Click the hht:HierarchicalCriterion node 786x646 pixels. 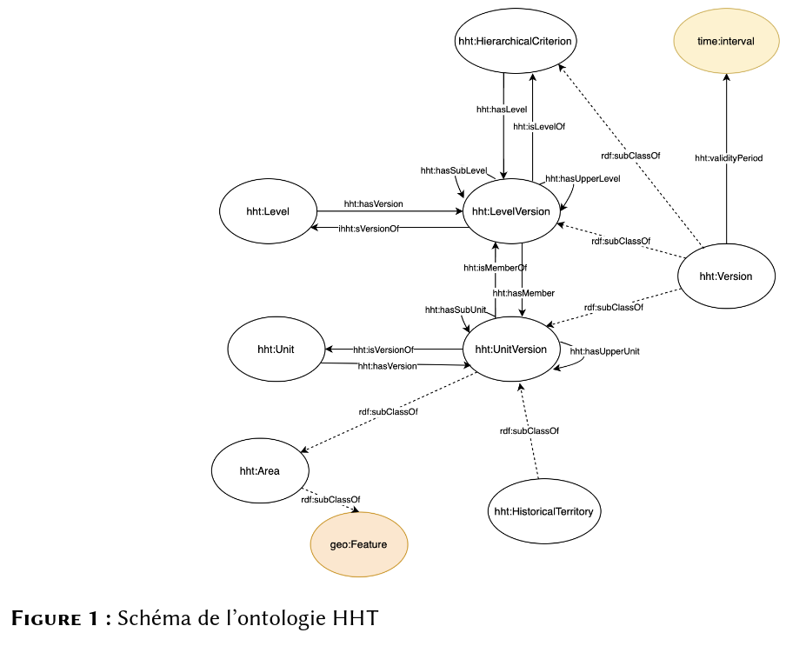[516, 41]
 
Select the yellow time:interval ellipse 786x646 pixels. [726, 41]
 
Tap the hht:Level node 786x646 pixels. [268, 211]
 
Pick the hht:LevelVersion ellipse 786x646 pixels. [510, 211]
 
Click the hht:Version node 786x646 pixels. [726, 276]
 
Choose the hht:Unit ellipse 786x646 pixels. [276, 350]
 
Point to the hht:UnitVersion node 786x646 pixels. [511, 350]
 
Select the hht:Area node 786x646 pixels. [260, 470]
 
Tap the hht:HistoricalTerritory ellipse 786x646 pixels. [544, 511]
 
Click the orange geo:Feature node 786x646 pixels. [359, 544]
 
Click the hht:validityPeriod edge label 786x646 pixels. [729, 158]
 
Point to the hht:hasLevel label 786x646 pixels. [502, 110]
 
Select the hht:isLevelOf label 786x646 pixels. [539, 127]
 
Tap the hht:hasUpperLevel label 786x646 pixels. [583, 179]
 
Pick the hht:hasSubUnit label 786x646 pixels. [455, 310]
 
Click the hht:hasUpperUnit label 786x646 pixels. [604, 351]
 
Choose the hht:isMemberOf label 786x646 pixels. [495, 268]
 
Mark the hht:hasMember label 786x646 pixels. [523, 293]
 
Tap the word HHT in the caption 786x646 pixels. [356, 618]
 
